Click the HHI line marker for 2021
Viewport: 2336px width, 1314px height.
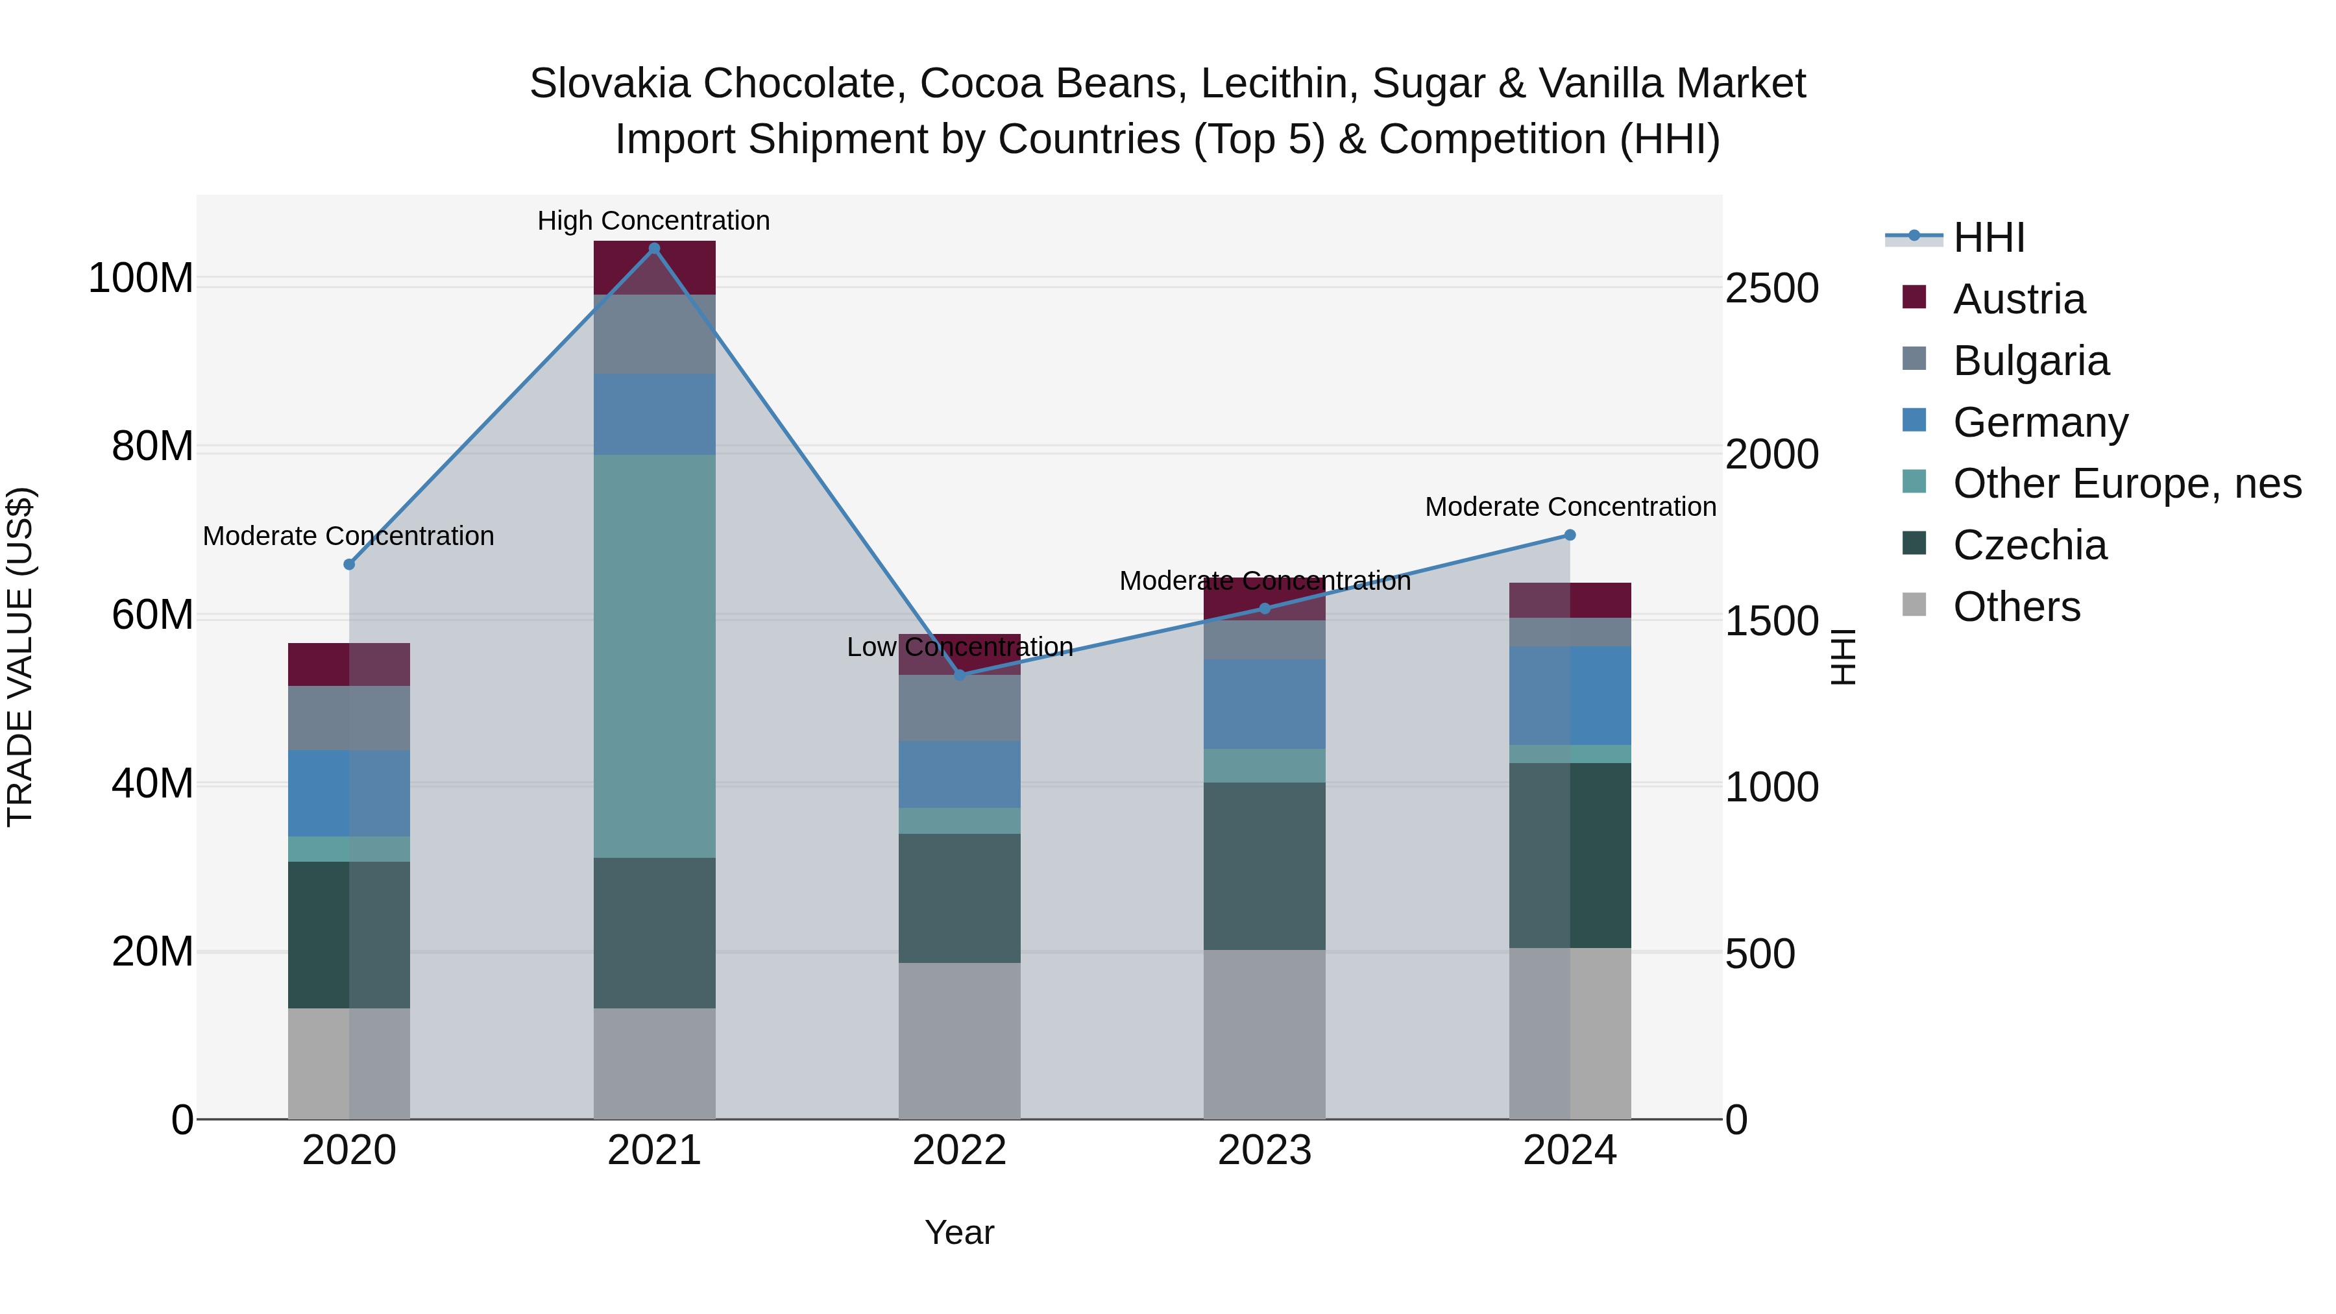(x=654, y=249)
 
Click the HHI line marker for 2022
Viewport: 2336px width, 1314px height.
(x=960, y=675)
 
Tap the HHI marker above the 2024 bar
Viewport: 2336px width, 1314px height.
(x=1570, y=535)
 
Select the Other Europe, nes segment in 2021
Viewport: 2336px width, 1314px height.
(x=654, y=655)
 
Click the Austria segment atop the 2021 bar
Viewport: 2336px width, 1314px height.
(x=654, y=267)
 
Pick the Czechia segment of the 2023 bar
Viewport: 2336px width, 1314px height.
(x=1264, y=866)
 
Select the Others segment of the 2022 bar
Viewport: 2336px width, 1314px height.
(x=960, y=1040)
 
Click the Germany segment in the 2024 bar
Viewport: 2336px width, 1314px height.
(x=1570, y=696)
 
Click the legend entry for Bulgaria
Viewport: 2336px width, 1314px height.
(x=2030, y=361)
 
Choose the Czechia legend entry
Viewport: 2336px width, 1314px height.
(x=2030, y=545)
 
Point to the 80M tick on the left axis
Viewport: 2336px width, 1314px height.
(x=152, y=446)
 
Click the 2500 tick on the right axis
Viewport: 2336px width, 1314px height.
(x=1771, y=288)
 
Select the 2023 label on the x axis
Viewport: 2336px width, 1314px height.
(x=1264, y=1150)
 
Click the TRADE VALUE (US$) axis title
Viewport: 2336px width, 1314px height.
(x=20, y=657)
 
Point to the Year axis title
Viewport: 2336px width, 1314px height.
(x=960, y=1232)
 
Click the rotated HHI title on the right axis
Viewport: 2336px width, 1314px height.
(x=1843, y=657)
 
